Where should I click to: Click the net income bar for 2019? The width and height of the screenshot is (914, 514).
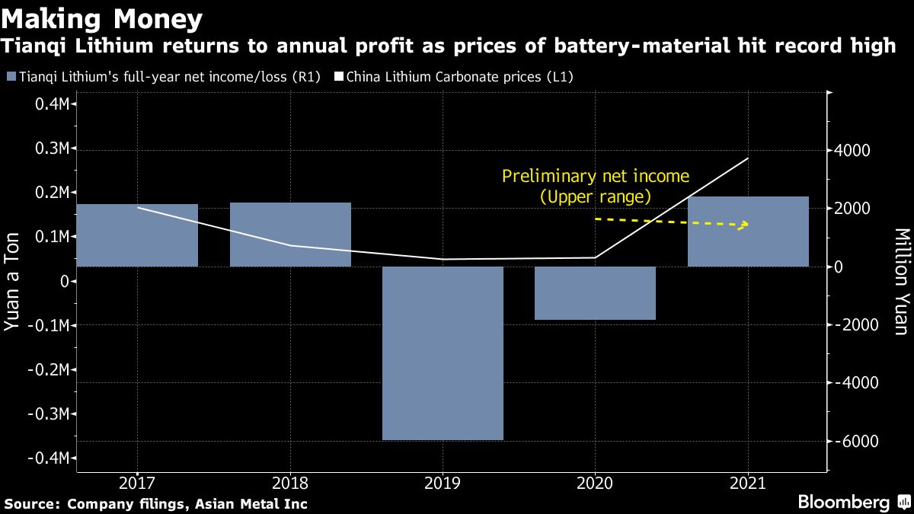[x=443, y=353]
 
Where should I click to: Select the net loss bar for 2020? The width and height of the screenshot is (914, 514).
[x=595, y=293]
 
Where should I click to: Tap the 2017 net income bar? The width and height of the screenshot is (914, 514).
[x=138, y=235]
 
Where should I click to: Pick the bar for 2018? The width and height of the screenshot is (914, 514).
[x=290, y=235]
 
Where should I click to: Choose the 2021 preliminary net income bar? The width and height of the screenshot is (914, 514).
[x=748, y=231]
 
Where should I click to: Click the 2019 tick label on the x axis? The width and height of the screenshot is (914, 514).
[x=443, y=483]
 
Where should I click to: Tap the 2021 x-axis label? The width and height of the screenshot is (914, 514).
[x=748, y=483]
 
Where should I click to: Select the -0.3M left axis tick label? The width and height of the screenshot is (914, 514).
[x=49, y=413]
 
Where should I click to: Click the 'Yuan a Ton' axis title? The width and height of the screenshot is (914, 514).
[x=13, y=282]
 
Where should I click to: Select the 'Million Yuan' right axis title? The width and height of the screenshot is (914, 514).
[x=901, y=282]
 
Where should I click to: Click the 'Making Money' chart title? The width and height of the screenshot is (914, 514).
[x=102, y=18]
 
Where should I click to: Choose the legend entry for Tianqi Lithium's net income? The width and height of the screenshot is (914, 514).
[x=163, y=77]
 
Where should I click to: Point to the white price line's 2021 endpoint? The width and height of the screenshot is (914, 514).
[x=748, y=158]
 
